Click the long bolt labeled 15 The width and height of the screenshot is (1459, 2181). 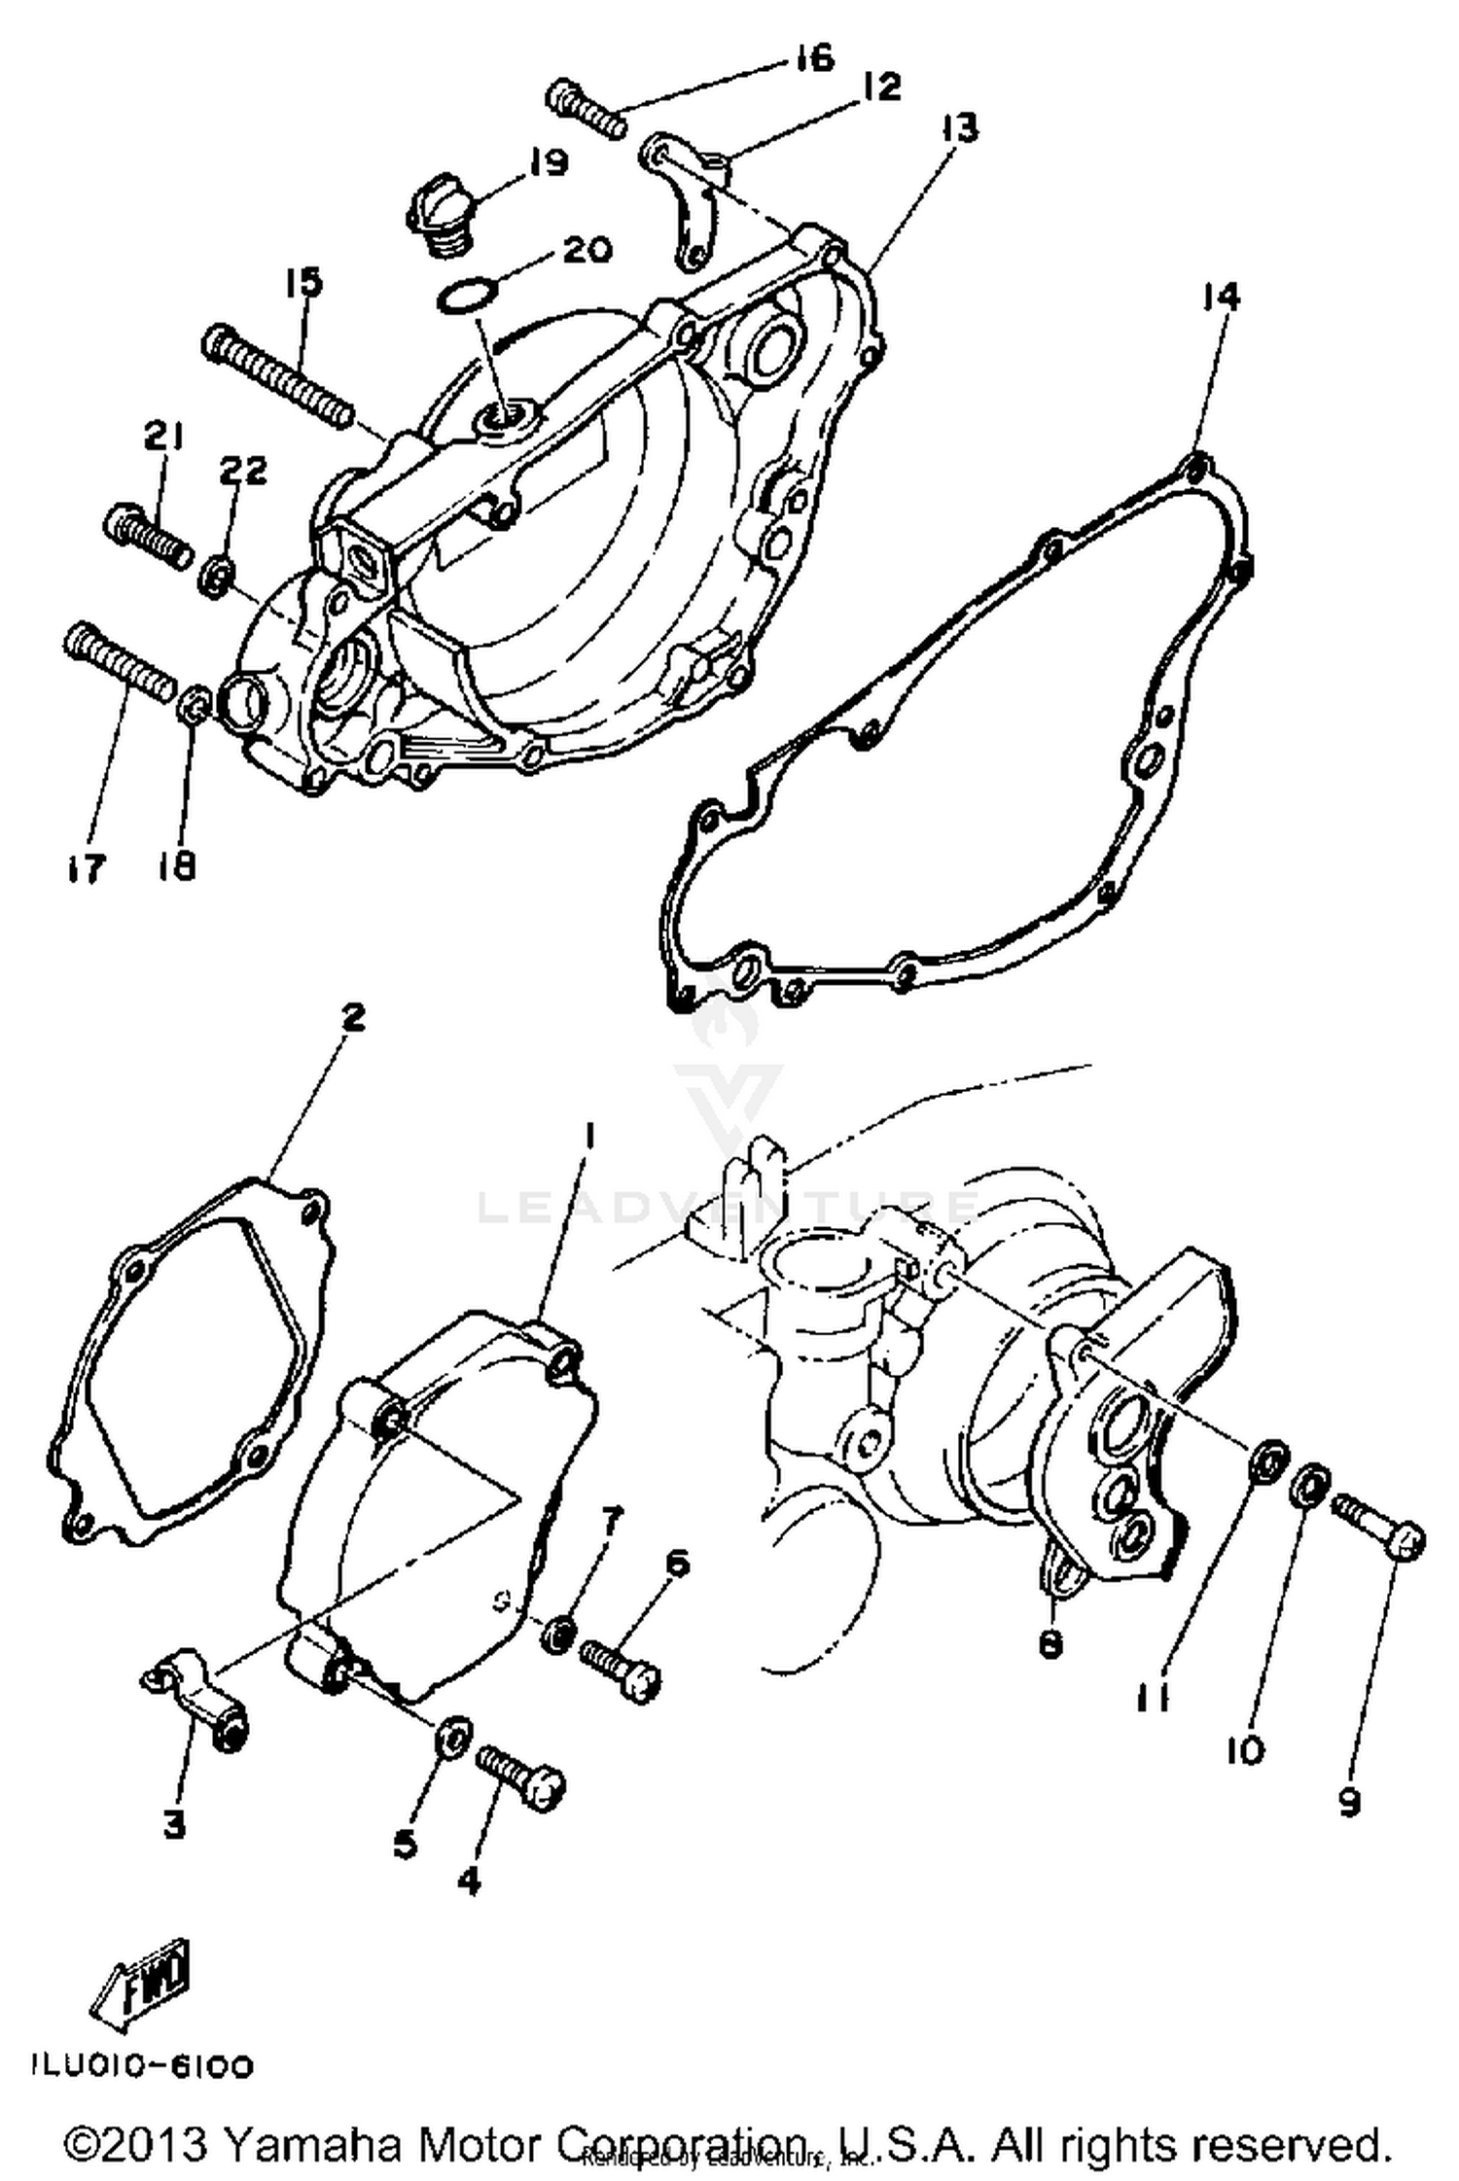[x=277, y=376]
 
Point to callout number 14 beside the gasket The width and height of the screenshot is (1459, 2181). [x=1221, y=296]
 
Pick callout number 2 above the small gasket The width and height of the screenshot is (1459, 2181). [x=352, y=1018]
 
